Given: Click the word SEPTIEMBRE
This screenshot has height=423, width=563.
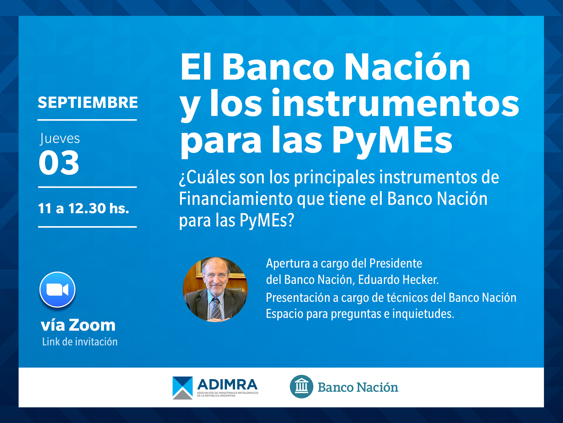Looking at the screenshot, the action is (x=88, y=102).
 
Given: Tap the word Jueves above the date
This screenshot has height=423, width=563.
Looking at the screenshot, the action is (x=59, y=139).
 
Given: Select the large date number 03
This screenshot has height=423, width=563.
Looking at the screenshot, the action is (x=59, y=162).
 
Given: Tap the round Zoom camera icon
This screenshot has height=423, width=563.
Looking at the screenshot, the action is (x=58, y=289).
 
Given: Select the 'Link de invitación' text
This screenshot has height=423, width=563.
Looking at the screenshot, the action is (x=80, y=342).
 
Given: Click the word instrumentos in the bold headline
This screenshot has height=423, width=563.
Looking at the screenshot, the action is (x=395, y=103).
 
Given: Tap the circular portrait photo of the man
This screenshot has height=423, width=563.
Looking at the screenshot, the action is (x=215, y=289).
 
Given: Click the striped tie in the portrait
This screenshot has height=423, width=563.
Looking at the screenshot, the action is (x=216, y=308).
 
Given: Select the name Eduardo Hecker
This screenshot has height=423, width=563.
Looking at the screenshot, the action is (x=398, y=280).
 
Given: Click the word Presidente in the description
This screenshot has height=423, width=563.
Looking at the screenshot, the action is (x=396, y=263).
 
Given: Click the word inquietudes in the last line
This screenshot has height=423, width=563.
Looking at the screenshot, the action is (x=423, y=314).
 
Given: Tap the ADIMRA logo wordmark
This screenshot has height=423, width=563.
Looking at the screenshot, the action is (x=227, y=385).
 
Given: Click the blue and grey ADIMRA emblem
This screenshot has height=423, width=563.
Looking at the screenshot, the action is (x=183, y=388).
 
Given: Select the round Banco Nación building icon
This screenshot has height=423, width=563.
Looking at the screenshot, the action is (x=301, y=386).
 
